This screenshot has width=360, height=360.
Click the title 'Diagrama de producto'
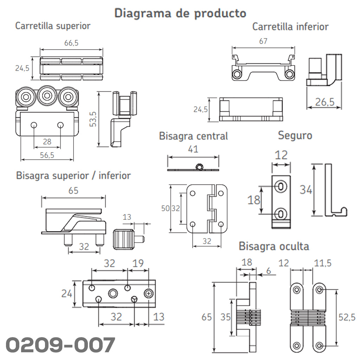(180, 13)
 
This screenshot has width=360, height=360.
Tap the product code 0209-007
(60, 345)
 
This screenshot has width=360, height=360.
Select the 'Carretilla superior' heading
(53, 26)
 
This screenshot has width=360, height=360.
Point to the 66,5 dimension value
(71, 43)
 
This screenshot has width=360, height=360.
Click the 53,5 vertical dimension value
(93, 119)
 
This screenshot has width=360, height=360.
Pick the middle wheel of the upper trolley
(47, 96)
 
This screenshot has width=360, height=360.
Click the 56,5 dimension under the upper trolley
(47, 155)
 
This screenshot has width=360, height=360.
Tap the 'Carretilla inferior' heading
(290, 27)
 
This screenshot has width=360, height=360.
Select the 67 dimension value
(263, 41)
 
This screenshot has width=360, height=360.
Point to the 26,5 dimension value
(324, 102)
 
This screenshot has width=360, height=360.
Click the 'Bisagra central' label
(193, 136)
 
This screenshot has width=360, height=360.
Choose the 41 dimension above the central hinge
(193, 149)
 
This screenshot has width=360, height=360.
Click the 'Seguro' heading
(295, 135)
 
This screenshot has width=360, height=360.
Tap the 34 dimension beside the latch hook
(306, 190)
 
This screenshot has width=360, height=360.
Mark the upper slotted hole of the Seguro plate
(281, 186)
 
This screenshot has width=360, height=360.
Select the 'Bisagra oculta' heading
(274, 246)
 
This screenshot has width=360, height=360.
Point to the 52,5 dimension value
(347, 317)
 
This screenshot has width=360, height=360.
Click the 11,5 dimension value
(323, 263)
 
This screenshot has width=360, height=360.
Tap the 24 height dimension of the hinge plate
(66, 294)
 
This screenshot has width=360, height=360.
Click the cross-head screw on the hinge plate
(149, 293)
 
